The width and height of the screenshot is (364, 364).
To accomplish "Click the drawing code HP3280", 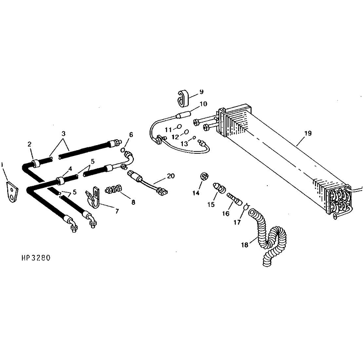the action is [36, 258].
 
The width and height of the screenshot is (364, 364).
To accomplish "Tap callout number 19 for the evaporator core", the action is [308, 133].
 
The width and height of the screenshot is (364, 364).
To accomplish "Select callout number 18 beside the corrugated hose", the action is [245, 245].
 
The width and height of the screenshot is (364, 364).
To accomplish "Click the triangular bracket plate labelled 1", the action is [12, 192].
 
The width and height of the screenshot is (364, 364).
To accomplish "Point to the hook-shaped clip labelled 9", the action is [183, 98].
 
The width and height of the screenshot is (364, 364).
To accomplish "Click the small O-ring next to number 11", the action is [179, 126].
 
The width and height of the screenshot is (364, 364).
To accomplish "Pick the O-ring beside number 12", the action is [186, 132].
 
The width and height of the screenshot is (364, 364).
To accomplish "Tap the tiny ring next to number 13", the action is [195, 138].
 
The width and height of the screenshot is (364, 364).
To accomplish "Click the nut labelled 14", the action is [204, 177].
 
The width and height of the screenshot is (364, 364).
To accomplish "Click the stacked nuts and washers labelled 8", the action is [113, 188].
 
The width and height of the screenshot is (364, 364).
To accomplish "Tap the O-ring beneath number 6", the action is [122, 150].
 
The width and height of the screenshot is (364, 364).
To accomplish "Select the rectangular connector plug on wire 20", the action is [162, 191].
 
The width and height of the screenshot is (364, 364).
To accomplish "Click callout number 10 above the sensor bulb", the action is [203, 104].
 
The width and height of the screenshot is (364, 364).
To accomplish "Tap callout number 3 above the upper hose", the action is [63, 134].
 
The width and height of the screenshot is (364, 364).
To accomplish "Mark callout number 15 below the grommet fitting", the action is [211, 204].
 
